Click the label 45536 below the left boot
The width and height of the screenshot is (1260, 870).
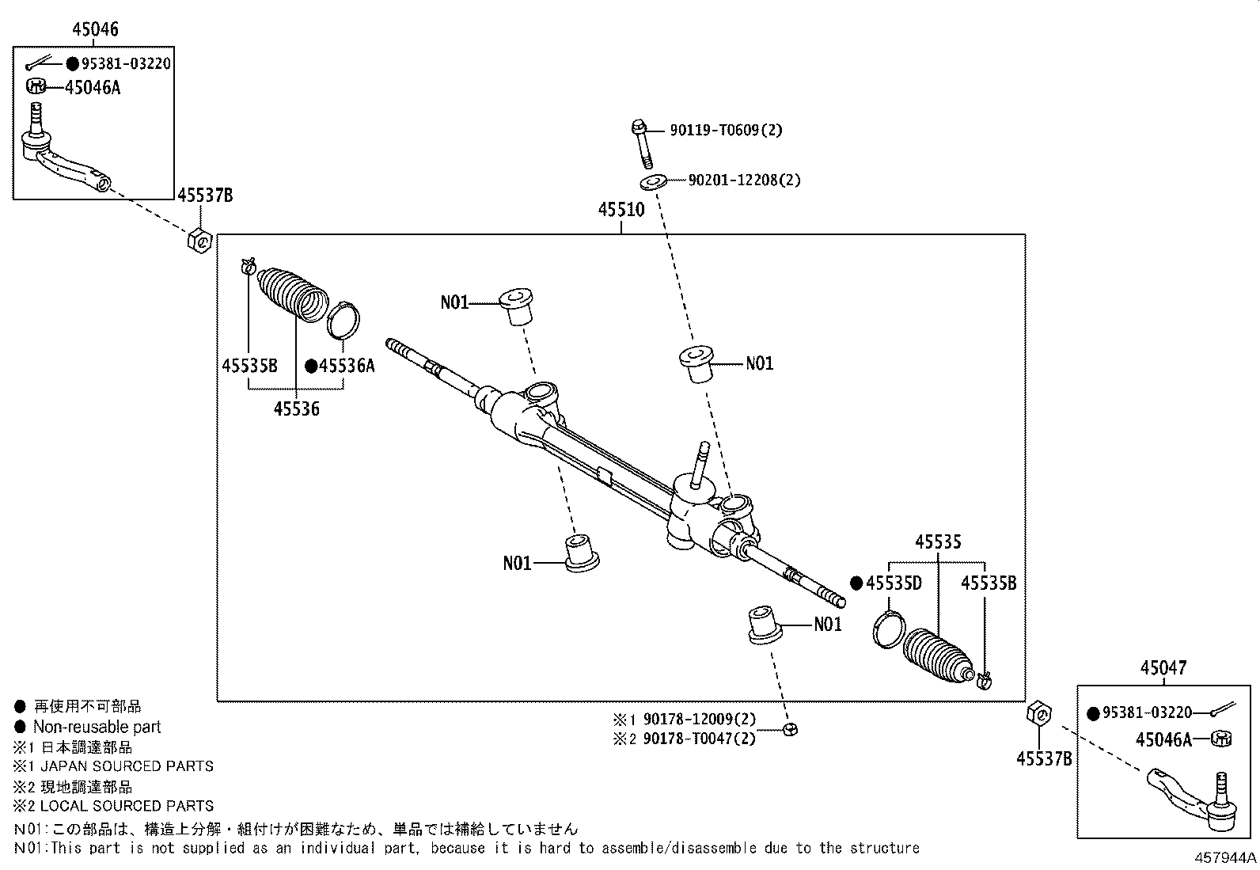[x=297, y=409]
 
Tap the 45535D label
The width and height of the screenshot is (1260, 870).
[x=894, y=583]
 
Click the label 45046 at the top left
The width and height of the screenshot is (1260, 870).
[x=95, y=30]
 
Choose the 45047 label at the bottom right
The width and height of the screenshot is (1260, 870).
[x=1163, y=667]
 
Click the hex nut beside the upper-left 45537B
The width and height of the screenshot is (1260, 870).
[x=199, y=239]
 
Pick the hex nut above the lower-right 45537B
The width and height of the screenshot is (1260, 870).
[x=1038, y=713]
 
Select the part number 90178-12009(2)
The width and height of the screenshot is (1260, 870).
[x=699, y=720]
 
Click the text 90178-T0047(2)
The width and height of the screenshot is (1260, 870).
[x=699, y=739]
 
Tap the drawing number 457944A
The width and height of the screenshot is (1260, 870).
[x=1226, y=858]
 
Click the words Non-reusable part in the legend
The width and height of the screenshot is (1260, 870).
[x=97, y=727]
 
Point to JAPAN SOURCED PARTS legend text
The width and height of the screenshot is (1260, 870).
[x=127, y=766]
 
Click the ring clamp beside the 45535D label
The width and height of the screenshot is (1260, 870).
[x=887, y=628]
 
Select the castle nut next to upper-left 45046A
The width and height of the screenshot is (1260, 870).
[x=36, y=85]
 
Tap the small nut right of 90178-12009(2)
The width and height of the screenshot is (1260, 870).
[x=788, y=729]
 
